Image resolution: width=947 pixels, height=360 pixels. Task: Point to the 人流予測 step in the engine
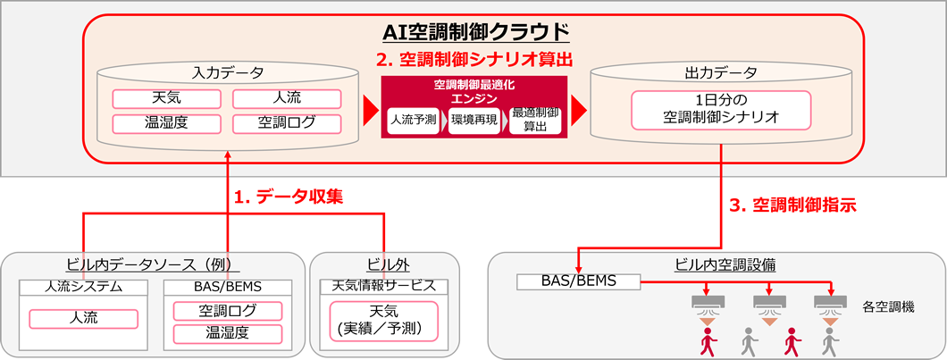point(413,119)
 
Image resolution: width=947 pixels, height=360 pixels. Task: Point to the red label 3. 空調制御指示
point(792,205)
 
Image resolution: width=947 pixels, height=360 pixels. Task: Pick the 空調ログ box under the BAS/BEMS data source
point(227,311)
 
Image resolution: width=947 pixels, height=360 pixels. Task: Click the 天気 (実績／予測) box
point(383,319)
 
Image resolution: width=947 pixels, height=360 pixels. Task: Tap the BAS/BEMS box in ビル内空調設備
point(578,281)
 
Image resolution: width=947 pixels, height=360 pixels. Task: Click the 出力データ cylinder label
point(721,72)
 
